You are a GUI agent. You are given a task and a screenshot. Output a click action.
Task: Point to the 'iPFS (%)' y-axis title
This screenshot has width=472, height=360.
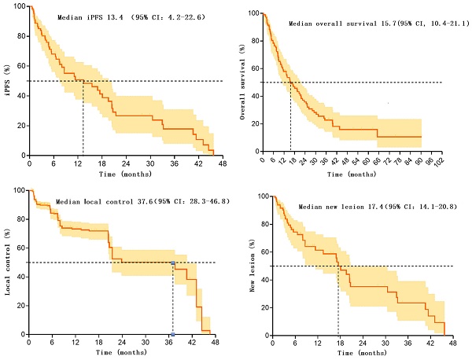coord(7,80)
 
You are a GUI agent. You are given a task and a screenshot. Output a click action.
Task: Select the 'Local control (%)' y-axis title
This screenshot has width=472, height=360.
coord(8,261)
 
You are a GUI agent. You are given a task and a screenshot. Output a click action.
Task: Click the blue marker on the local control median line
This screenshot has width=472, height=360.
coord(173,263)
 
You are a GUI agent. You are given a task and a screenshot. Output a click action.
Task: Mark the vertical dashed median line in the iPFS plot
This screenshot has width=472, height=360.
coord(83,118)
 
